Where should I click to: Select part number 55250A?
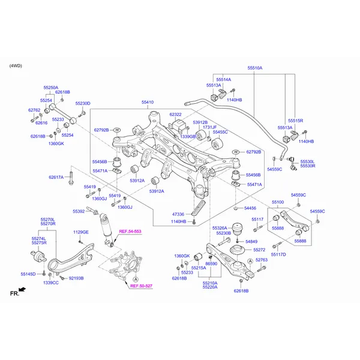click(51, 87)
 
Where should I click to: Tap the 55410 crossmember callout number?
click(147, 103)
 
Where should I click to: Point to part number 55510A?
click(255, 68)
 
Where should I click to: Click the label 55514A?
click(223, 79)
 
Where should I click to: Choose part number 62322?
click(175, 114)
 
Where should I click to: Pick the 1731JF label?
click(209, 128)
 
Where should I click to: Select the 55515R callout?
click(295, 121)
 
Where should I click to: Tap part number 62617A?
click(56, 178)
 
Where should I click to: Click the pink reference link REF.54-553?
click(130, 232)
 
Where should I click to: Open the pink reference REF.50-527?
click(142, 287)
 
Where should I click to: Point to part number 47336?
click(178, 214)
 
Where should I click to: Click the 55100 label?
click(278, 203)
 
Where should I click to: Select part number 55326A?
click(220, 228)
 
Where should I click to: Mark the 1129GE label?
click(80, 232)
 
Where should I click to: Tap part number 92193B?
click(76, 278)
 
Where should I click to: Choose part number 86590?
click(211, 263)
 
